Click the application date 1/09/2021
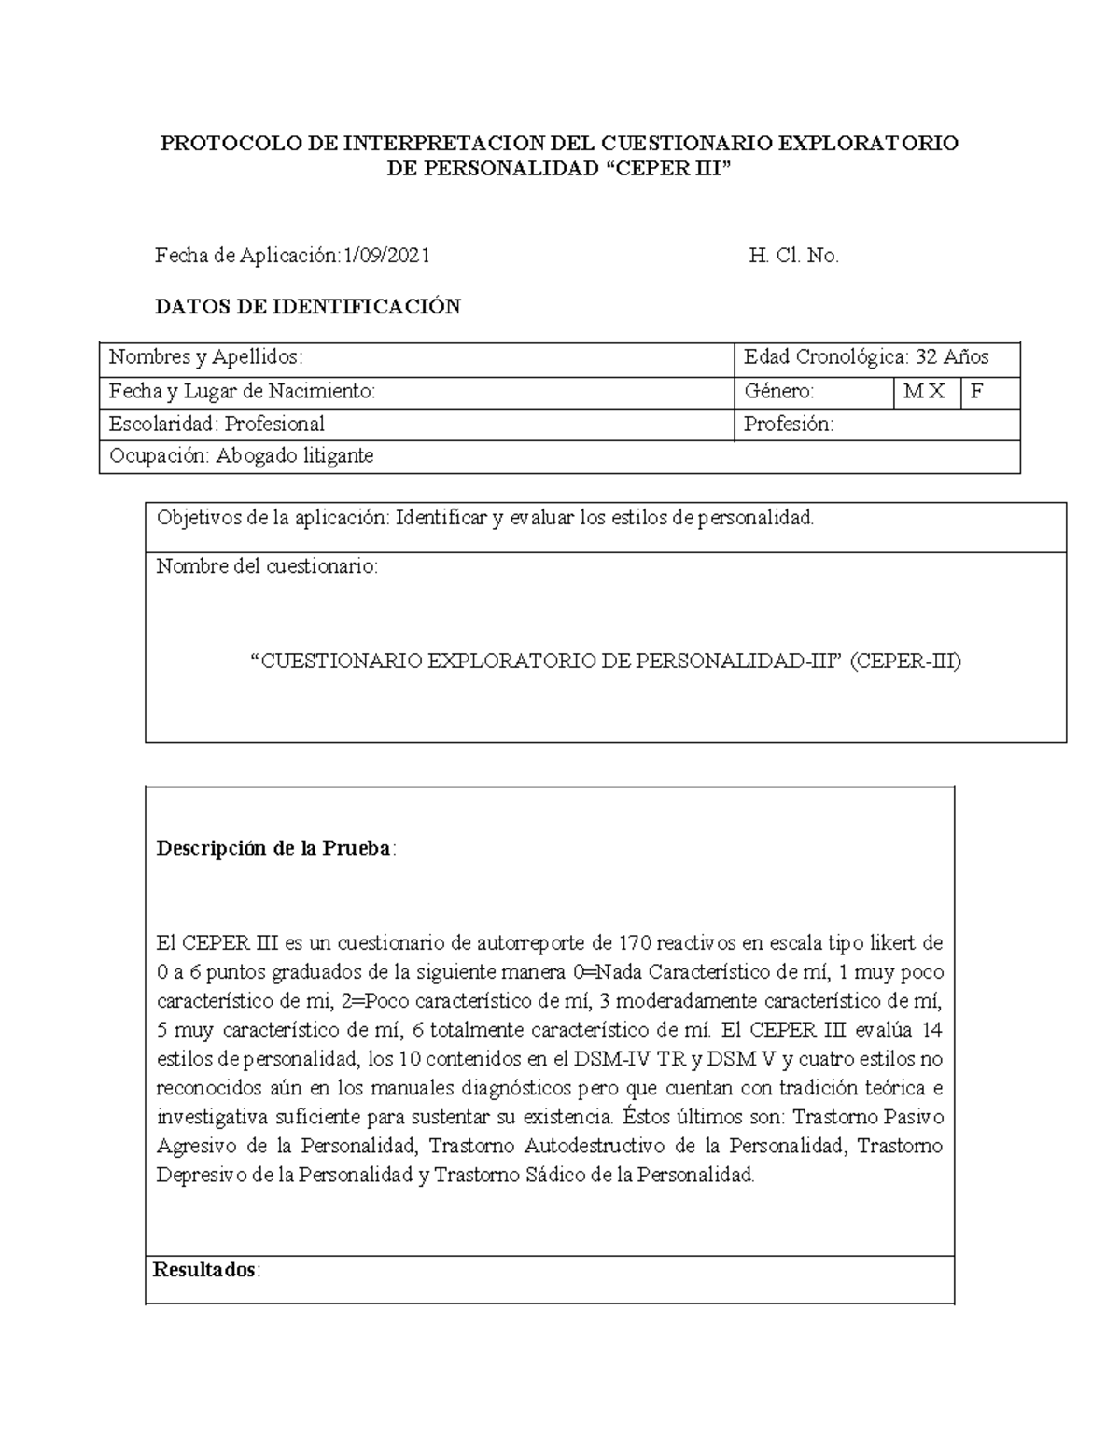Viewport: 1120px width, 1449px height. [x=387, y=256]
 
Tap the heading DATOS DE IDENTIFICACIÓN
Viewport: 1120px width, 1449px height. [x=307, y=307]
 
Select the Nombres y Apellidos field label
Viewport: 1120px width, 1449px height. [x=206, y=357]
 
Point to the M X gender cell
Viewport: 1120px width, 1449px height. [x=924, y=392]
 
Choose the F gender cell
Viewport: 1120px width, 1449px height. [x=977, y=392]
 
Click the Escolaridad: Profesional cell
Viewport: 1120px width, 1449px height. [x=217, y=425]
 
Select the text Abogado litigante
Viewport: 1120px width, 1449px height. [x=295, y=456]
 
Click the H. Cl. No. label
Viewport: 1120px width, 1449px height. [x=794, y=256]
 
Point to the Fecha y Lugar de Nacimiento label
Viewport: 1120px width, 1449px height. [x=243, y=392]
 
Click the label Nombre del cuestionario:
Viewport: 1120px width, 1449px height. [x=268, y=566]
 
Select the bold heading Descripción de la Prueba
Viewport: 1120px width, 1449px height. [x=274, y=849]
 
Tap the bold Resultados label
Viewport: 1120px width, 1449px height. [x=205, y=1270]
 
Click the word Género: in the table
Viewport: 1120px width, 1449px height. [x=779, y=392]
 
